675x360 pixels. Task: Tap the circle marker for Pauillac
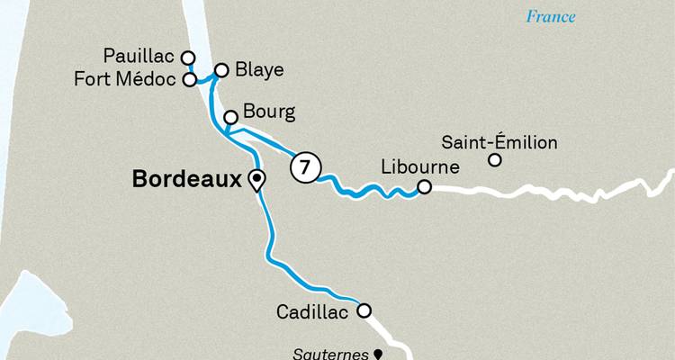pyautogui.click(x=188, y=58)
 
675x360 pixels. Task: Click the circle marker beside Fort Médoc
pyautogui.click(x=189, y=79)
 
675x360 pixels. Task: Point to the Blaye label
pyautogui.click(x=260, y=68)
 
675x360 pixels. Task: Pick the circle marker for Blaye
pyautogui.click(x=221, y=68)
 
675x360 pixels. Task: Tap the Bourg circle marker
pyautogui.click(x=230, y=117)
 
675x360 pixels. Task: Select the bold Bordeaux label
pyautogui.click(x=187, y=178)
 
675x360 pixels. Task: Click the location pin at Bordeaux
pyautogui.click(x=256, y=180)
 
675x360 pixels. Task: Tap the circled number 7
pyautogui.click(x=305, y=168)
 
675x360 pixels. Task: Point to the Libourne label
pyautogui.click(x=421, y=167)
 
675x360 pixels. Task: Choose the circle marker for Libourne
pyautogui.click(x=425, y=187)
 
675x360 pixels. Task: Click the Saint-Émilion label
pyautogui.click(x=500, y=142)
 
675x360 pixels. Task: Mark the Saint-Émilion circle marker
pyautogui.click(x=494, y=161)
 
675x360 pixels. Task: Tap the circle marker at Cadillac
pyautogui.click(x=364, y=311)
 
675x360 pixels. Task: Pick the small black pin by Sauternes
pyautogui.click(x=379, y=355)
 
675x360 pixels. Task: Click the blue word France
pyautogui.click(x=551, y=16)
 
